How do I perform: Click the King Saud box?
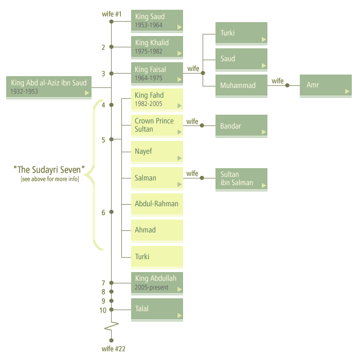157,21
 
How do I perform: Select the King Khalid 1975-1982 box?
157,47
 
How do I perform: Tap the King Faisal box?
157,73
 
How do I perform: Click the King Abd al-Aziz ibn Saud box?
49,86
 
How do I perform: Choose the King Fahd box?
157,99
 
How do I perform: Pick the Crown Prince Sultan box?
157,125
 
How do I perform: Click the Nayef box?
157,152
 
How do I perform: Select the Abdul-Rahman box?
157,204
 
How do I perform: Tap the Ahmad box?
157,230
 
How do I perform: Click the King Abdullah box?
157,283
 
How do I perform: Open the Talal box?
157,309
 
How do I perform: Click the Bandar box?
241,126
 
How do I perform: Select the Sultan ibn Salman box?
241,178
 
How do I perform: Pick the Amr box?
326,85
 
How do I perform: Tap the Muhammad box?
241,85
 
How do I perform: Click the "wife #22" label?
113,349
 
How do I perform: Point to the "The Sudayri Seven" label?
49,170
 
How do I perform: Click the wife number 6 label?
103,212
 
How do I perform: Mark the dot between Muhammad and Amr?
287,85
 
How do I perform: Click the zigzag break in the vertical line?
112,326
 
